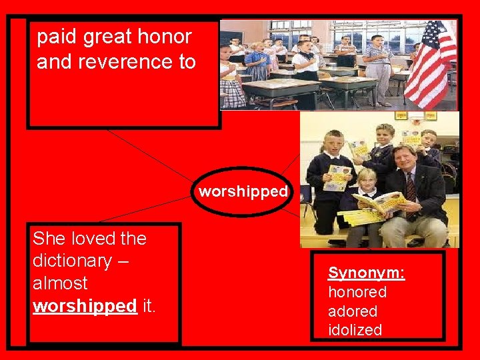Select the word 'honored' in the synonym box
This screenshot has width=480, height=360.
tap(357, 292)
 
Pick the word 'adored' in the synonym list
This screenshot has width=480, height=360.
tap(353, 311)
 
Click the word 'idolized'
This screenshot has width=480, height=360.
tap(355, 330)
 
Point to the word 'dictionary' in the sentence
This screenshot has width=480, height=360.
tap(72, 261)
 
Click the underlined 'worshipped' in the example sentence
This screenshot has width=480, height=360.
tap(85, 306)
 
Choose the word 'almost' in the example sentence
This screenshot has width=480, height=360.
tap(60, 283)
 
